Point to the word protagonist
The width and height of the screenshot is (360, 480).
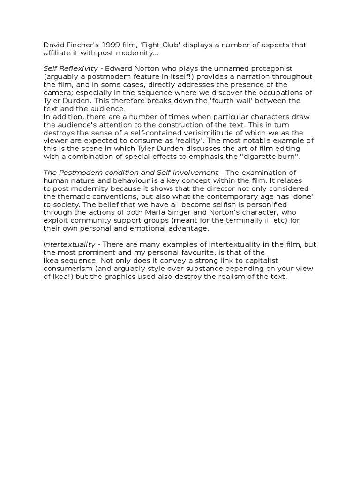click(271, 69)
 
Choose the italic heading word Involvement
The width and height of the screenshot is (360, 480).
click(194, 172)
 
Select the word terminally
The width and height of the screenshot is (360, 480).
click(238, 220)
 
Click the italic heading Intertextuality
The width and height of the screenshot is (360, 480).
click(71, 244)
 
